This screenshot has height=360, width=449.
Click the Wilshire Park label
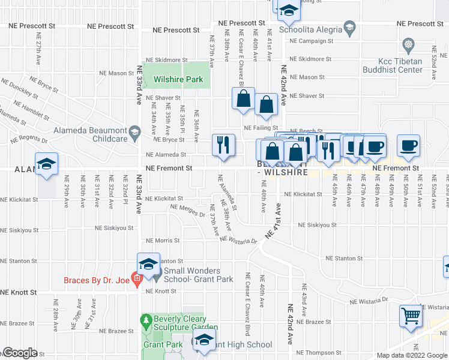[178, 79]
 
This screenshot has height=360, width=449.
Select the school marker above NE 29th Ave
[46, 165]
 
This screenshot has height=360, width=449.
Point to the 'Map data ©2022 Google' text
[411, 355]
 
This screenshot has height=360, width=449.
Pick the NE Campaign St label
[310, 41]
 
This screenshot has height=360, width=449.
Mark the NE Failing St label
[259, 128]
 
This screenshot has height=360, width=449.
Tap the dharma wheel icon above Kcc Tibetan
[409, 45]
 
